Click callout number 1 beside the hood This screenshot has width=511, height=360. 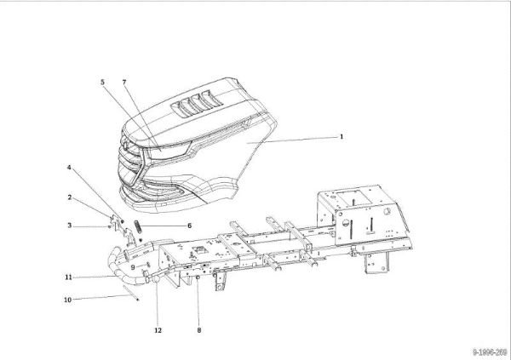(x=342, y=136)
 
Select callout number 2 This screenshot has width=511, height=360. (x=70, y=197)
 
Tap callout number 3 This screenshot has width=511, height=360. (x=70, y=226)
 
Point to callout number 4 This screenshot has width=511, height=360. (x=69, y=168)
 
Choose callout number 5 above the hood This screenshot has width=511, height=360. (x=102, y=82)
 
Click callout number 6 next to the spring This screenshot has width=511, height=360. (x=189, y=226)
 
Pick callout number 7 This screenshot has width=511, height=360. (x=124, y=83)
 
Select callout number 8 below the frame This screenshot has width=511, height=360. (x=199, y=330)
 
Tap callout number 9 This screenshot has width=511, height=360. (x=133, y=267)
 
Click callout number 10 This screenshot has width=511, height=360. (x=68, y=300)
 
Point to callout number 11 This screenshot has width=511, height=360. (x=68, y=277)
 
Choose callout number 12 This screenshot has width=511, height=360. (x=158, y=330)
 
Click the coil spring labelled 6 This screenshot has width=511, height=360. (x=138, y=226)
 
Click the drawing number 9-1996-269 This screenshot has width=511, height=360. (x=490, y=352)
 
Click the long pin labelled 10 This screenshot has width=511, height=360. (x=131, y=292)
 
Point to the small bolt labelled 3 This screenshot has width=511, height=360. (x=110, y=226)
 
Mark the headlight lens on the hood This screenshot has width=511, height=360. (x=168, y=151)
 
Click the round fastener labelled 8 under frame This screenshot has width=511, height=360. (x=198, y=277)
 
